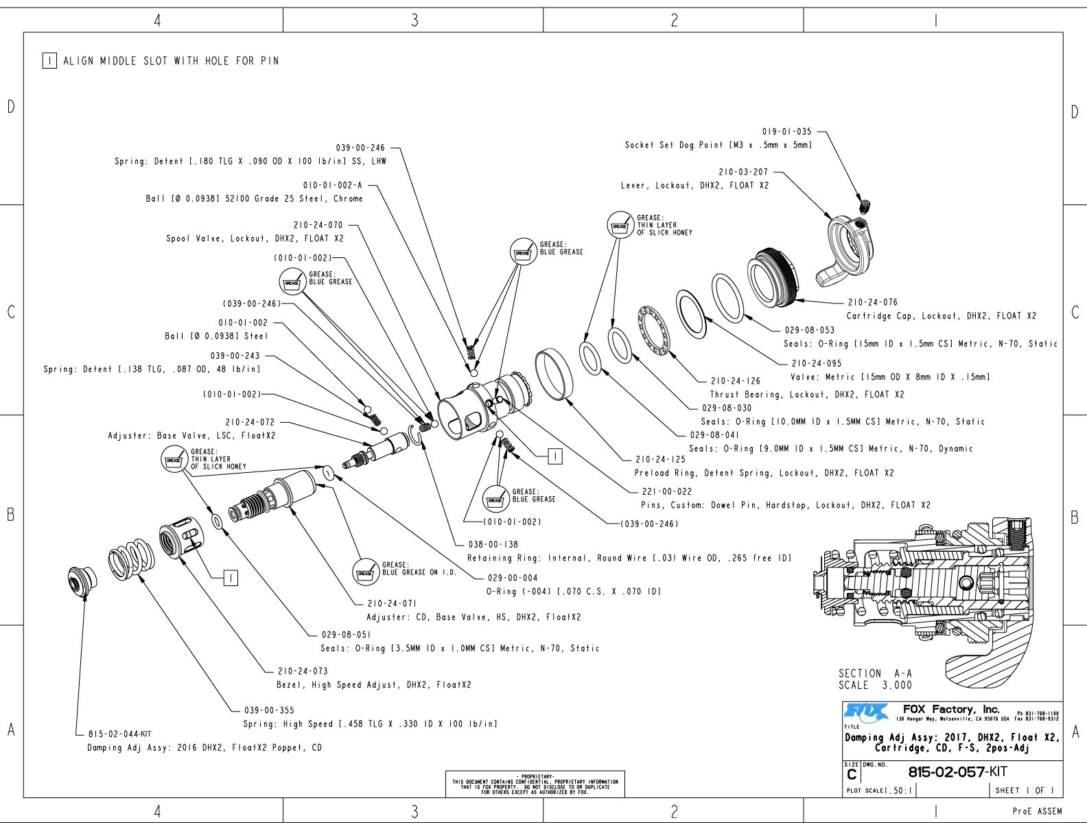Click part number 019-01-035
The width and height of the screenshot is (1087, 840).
point(786,131)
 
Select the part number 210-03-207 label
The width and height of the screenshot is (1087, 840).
point(743,172)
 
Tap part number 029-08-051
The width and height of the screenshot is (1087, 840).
point(346,635)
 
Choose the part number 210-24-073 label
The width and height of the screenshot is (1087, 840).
point(303,671)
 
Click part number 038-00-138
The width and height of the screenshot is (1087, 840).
point(493,544)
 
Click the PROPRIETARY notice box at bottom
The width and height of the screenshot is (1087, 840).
point(535,784)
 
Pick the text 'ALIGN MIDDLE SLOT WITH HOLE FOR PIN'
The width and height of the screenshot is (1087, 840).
point(171,61)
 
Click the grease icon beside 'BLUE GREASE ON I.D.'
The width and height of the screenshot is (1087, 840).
point(366,572)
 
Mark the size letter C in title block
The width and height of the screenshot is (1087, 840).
point(852,774)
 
